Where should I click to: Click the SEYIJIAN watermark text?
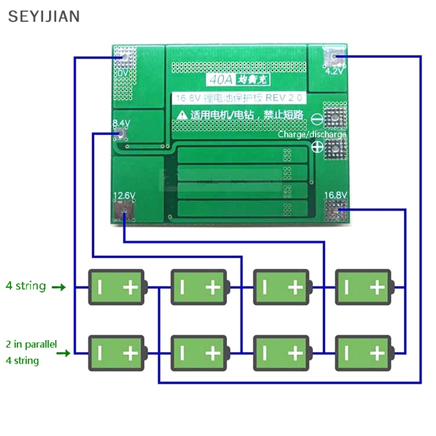point(44,16)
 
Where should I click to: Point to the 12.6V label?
point(124,195)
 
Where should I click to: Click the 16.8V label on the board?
point(336,195)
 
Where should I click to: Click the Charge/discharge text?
point(312,134)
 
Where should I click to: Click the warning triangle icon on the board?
point(182,115)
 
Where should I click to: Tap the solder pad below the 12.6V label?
point(124,209)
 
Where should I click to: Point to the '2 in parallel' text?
point(31,344)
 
